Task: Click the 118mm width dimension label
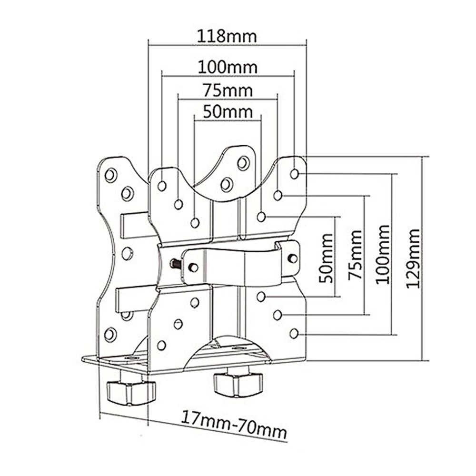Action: tap(228, 37)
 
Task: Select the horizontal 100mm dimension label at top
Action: tap(228, 67)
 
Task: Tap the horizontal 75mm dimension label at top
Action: tap(228, 90)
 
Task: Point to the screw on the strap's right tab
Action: tap(293, 258)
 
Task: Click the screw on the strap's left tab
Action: tap(193, 268)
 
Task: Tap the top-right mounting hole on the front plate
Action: tap(294, 174)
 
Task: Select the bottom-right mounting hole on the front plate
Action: tap(294, 333)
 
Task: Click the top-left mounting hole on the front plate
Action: tap(162, 186)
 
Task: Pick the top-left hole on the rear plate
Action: tap(111, 175)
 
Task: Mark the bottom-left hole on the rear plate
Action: tap(110, 334)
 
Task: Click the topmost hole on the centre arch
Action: tap(243, 163)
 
